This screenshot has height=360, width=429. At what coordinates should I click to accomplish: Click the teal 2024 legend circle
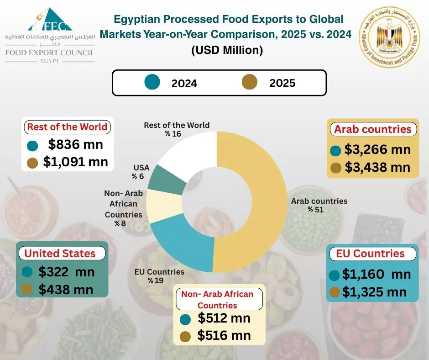click(152, 83)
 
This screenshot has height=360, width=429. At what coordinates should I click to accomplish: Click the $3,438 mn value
click(377, 167)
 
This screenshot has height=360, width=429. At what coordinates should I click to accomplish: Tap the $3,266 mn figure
click(377, 149)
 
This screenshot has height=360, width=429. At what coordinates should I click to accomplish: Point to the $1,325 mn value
click(374, 291)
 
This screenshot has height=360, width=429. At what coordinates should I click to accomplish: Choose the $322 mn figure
click(66, 272)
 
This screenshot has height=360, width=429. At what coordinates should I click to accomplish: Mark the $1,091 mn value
click(76, 162)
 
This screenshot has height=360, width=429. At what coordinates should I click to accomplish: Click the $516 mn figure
click(224, 336)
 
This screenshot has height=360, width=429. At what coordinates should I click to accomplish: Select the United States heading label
click(60, 254)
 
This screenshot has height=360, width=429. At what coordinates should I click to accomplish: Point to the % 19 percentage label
click(156, 280)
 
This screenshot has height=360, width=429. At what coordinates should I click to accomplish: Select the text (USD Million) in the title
click(227, 51)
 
